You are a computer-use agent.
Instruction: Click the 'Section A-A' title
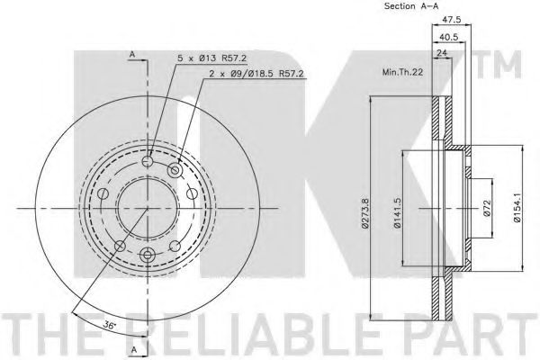411,6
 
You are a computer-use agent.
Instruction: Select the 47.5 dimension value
452,20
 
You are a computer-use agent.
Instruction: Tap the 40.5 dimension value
449,37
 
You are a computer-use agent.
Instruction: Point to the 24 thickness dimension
442,53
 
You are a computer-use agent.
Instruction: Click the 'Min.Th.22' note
402,72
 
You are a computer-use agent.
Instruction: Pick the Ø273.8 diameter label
365,213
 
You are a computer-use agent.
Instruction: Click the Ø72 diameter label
487,208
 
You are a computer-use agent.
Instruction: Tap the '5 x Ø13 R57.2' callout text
211,58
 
